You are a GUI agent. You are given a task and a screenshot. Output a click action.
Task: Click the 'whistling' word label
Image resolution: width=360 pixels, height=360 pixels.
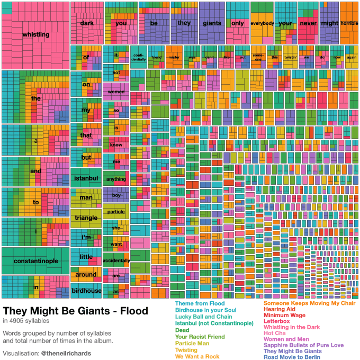click(x=35, y=35)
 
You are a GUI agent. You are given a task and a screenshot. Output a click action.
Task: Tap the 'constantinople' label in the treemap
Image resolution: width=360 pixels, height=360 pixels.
click(x=35, y=261)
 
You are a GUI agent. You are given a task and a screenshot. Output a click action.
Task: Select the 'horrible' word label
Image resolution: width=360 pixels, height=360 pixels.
click(x=349, y=23)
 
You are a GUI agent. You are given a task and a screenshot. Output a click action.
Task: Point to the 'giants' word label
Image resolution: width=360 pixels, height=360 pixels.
click(x=212, y=23)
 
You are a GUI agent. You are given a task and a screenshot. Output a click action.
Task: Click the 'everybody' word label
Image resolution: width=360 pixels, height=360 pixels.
click(x=262, y=23)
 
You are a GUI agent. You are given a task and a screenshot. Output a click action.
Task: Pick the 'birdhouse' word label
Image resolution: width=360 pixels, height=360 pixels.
click(x=86, y=291)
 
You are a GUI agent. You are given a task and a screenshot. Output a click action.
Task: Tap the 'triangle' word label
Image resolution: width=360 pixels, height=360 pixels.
click(x=86, y=218)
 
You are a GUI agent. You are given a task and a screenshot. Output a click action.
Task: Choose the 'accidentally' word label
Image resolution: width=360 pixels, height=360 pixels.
click(x=116, y=261)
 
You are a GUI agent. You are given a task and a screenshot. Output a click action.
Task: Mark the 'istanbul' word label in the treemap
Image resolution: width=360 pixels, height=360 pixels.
click(x=86, y=178)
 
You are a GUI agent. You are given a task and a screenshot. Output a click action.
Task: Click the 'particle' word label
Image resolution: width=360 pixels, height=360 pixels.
click(x=116, y=212)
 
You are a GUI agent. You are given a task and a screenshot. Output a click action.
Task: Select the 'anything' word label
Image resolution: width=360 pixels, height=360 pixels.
click(x=116, y=179)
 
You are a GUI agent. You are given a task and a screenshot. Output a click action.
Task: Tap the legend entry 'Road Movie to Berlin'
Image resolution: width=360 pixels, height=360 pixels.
click(x=292, y=357)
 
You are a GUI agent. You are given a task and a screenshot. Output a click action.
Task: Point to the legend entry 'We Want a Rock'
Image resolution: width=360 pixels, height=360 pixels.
click(x=197, y=356)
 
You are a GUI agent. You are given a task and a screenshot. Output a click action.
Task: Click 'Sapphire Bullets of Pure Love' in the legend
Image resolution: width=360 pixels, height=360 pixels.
click(x=304, y=345)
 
